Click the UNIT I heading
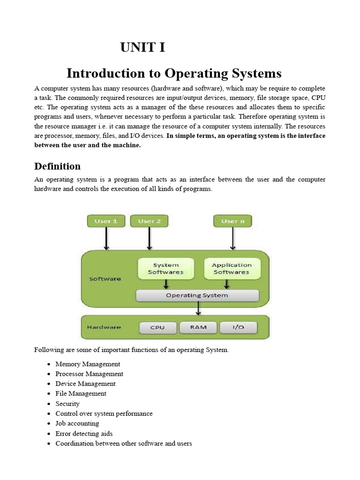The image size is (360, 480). point(142,48)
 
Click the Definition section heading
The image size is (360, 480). point(57,166)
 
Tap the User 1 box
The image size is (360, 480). point(106,221)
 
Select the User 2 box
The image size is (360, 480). point(149,221)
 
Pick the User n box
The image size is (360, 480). point(232,221)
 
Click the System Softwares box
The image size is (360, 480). point(165,269)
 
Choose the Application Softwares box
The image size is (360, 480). point(231,269)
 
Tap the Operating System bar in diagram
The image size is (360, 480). point(197,295)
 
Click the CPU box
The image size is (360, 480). point(157,327)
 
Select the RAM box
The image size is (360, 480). point(198,327)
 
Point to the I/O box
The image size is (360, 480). point(238,327)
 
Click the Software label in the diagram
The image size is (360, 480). point(105,279)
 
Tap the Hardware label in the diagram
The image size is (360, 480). point(104,327)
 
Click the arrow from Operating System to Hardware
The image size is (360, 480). point(198,308)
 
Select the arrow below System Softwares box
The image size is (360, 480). point(166,285)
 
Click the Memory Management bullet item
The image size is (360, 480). point(88,364)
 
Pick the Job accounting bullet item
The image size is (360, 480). point(77,424)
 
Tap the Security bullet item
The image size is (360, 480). point(67,404)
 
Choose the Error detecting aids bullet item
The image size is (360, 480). point(84,434)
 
